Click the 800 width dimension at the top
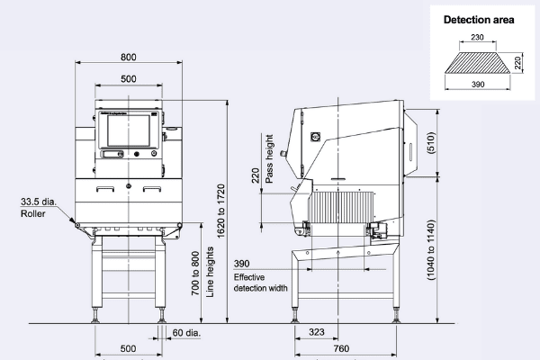pyautogui.click(x=129, y=56)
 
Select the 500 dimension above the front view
pyautogui.click(x=129, y=79)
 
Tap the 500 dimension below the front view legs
pyautogui.click(x=129, y=347)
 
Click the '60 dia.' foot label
pyautogui.click(x=186, y=332)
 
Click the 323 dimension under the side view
pyautogui.click(x=317, y=332)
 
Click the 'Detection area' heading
pyautogui.click(x=479, y=20)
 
